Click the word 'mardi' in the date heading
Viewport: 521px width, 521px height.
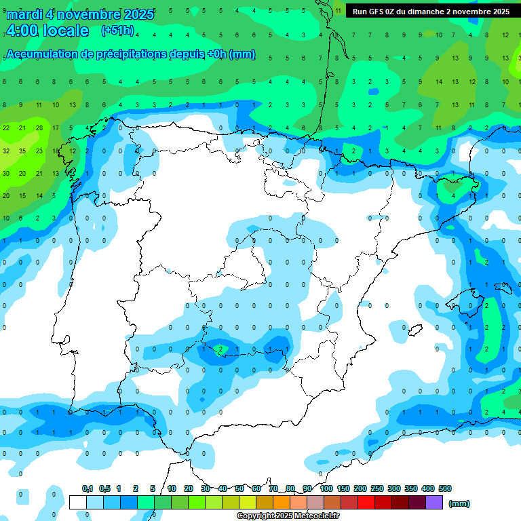coord(25,14)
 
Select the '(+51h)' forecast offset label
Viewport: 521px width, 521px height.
coord(117,31)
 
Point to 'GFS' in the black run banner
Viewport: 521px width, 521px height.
coord(379,12)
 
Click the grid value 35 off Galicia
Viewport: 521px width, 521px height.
coord(22,151)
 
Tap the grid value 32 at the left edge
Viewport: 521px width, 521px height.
coord(5,151)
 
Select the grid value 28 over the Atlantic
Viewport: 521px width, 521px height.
coord(39,128)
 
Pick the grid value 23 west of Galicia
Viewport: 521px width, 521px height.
coord(39,151)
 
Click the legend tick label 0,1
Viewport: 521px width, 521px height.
coord(88,488)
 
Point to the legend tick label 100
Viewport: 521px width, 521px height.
coord(326,488)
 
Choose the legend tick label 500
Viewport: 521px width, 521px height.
coord(445,488)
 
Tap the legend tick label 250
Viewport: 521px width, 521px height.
coord(377,488)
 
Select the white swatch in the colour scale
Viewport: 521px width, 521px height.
coord(77,502)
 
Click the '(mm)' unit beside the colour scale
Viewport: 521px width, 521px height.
coord(459,503)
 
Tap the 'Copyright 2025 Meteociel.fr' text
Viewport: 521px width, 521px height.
coord(288,516)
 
